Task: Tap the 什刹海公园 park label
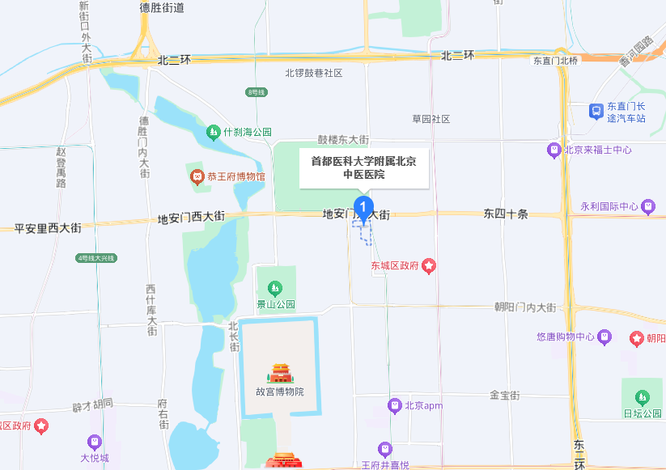(x=248, y=131)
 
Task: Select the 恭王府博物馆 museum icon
(x=196, y=176)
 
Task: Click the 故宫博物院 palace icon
(x=281, y=373)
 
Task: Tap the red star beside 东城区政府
(x=429, y=265)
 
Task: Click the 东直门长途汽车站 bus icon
(x=596, y=112)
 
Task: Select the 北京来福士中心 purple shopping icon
(x=554, y=149)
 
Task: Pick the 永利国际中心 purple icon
(x=647, y=206)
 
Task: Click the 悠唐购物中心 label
(x=566, y=337)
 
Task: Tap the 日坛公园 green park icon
(x=642, y=397)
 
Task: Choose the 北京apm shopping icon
(x=395, y=404)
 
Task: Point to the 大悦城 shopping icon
(x=95, y=442)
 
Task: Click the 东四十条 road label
(x=506, y=214)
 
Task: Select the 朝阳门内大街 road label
(x=525, y=307)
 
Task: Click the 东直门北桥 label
(x=556, y=61)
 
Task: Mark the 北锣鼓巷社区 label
(x=314, y=73)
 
